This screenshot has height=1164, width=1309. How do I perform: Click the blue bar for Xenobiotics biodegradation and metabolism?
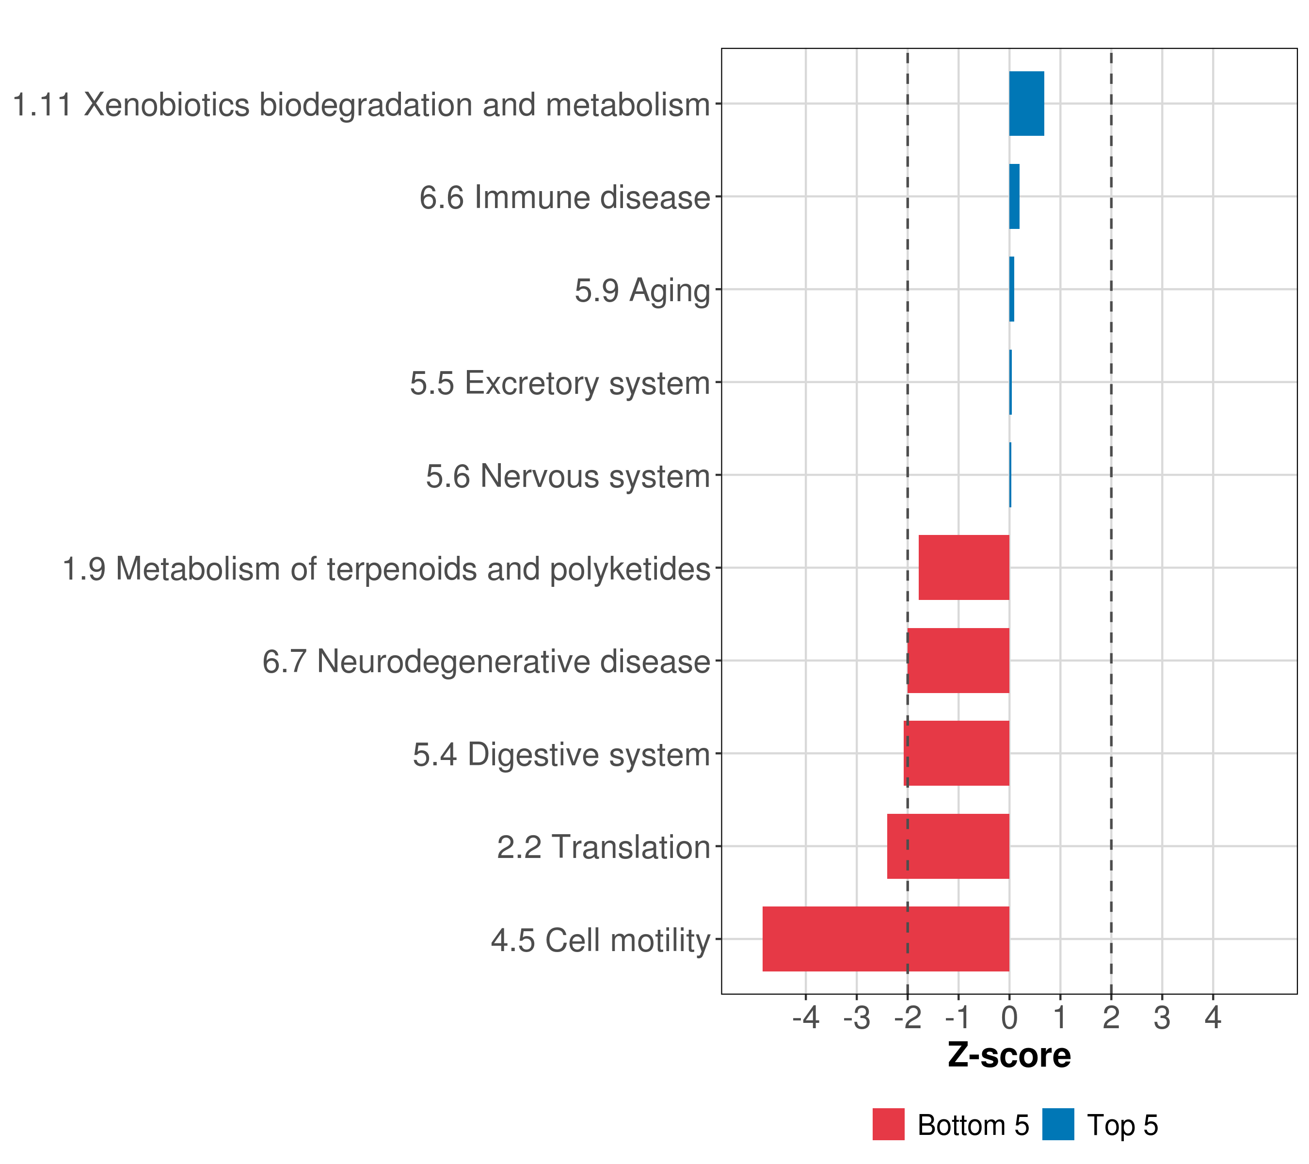pyautogui.click(x=1026, y=104)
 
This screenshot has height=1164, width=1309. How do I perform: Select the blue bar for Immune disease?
pyautogui.click(x=1014, y=197)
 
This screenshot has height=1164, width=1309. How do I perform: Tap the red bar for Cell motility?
pyautogui.click(x=886, y=939)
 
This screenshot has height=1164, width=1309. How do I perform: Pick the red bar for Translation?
pyautogui.click(x=948, y=846)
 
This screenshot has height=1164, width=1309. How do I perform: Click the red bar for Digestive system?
pyautogui.click(x=956, y=753)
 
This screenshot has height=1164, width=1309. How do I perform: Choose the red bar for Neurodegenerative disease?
pyautogui.click(x=958, y=661)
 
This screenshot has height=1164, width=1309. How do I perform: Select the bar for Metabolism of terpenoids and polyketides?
pyautogui.click(x=964, y=567)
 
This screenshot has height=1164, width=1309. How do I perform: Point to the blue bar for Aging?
pyautogui.click(x=1012, y=290)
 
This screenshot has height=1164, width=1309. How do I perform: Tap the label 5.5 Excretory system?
pyautogui.click(x=560, y=384)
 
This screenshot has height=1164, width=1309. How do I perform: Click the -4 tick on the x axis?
pyautogui.click(x=806, y=1018)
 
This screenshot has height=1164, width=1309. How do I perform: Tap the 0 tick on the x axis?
pyautogui.click(x=1009, y=1018)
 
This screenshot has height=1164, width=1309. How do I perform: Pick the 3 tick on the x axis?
pyautogui.click(x=1162, y=1018)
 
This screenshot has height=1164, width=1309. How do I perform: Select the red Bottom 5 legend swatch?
pyautogui.click(x=888, y=1124)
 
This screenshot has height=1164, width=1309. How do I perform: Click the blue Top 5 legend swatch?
pyautogui.click(x=1058, y=1124)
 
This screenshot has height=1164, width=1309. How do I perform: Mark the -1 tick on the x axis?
pyautogui.click(x=958, y=1018)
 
